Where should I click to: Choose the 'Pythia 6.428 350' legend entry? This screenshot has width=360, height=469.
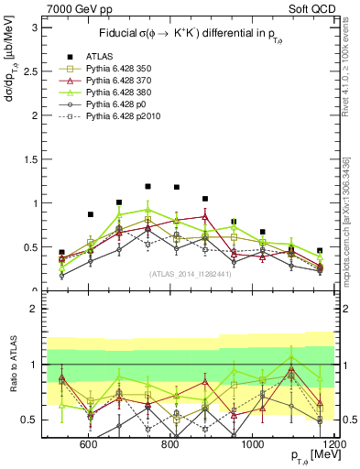click(119, 68)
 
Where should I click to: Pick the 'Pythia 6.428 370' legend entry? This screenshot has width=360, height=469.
click(119, 81)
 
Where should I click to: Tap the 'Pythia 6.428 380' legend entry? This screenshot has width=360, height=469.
click(119, 93)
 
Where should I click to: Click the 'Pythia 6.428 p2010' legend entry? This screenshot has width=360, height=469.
click(123, 118)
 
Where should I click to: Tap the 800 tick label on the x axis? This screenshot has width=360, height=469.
click(169, 444)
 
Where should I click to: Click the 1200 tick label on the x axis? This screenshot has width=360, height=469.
click(331, 444)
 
